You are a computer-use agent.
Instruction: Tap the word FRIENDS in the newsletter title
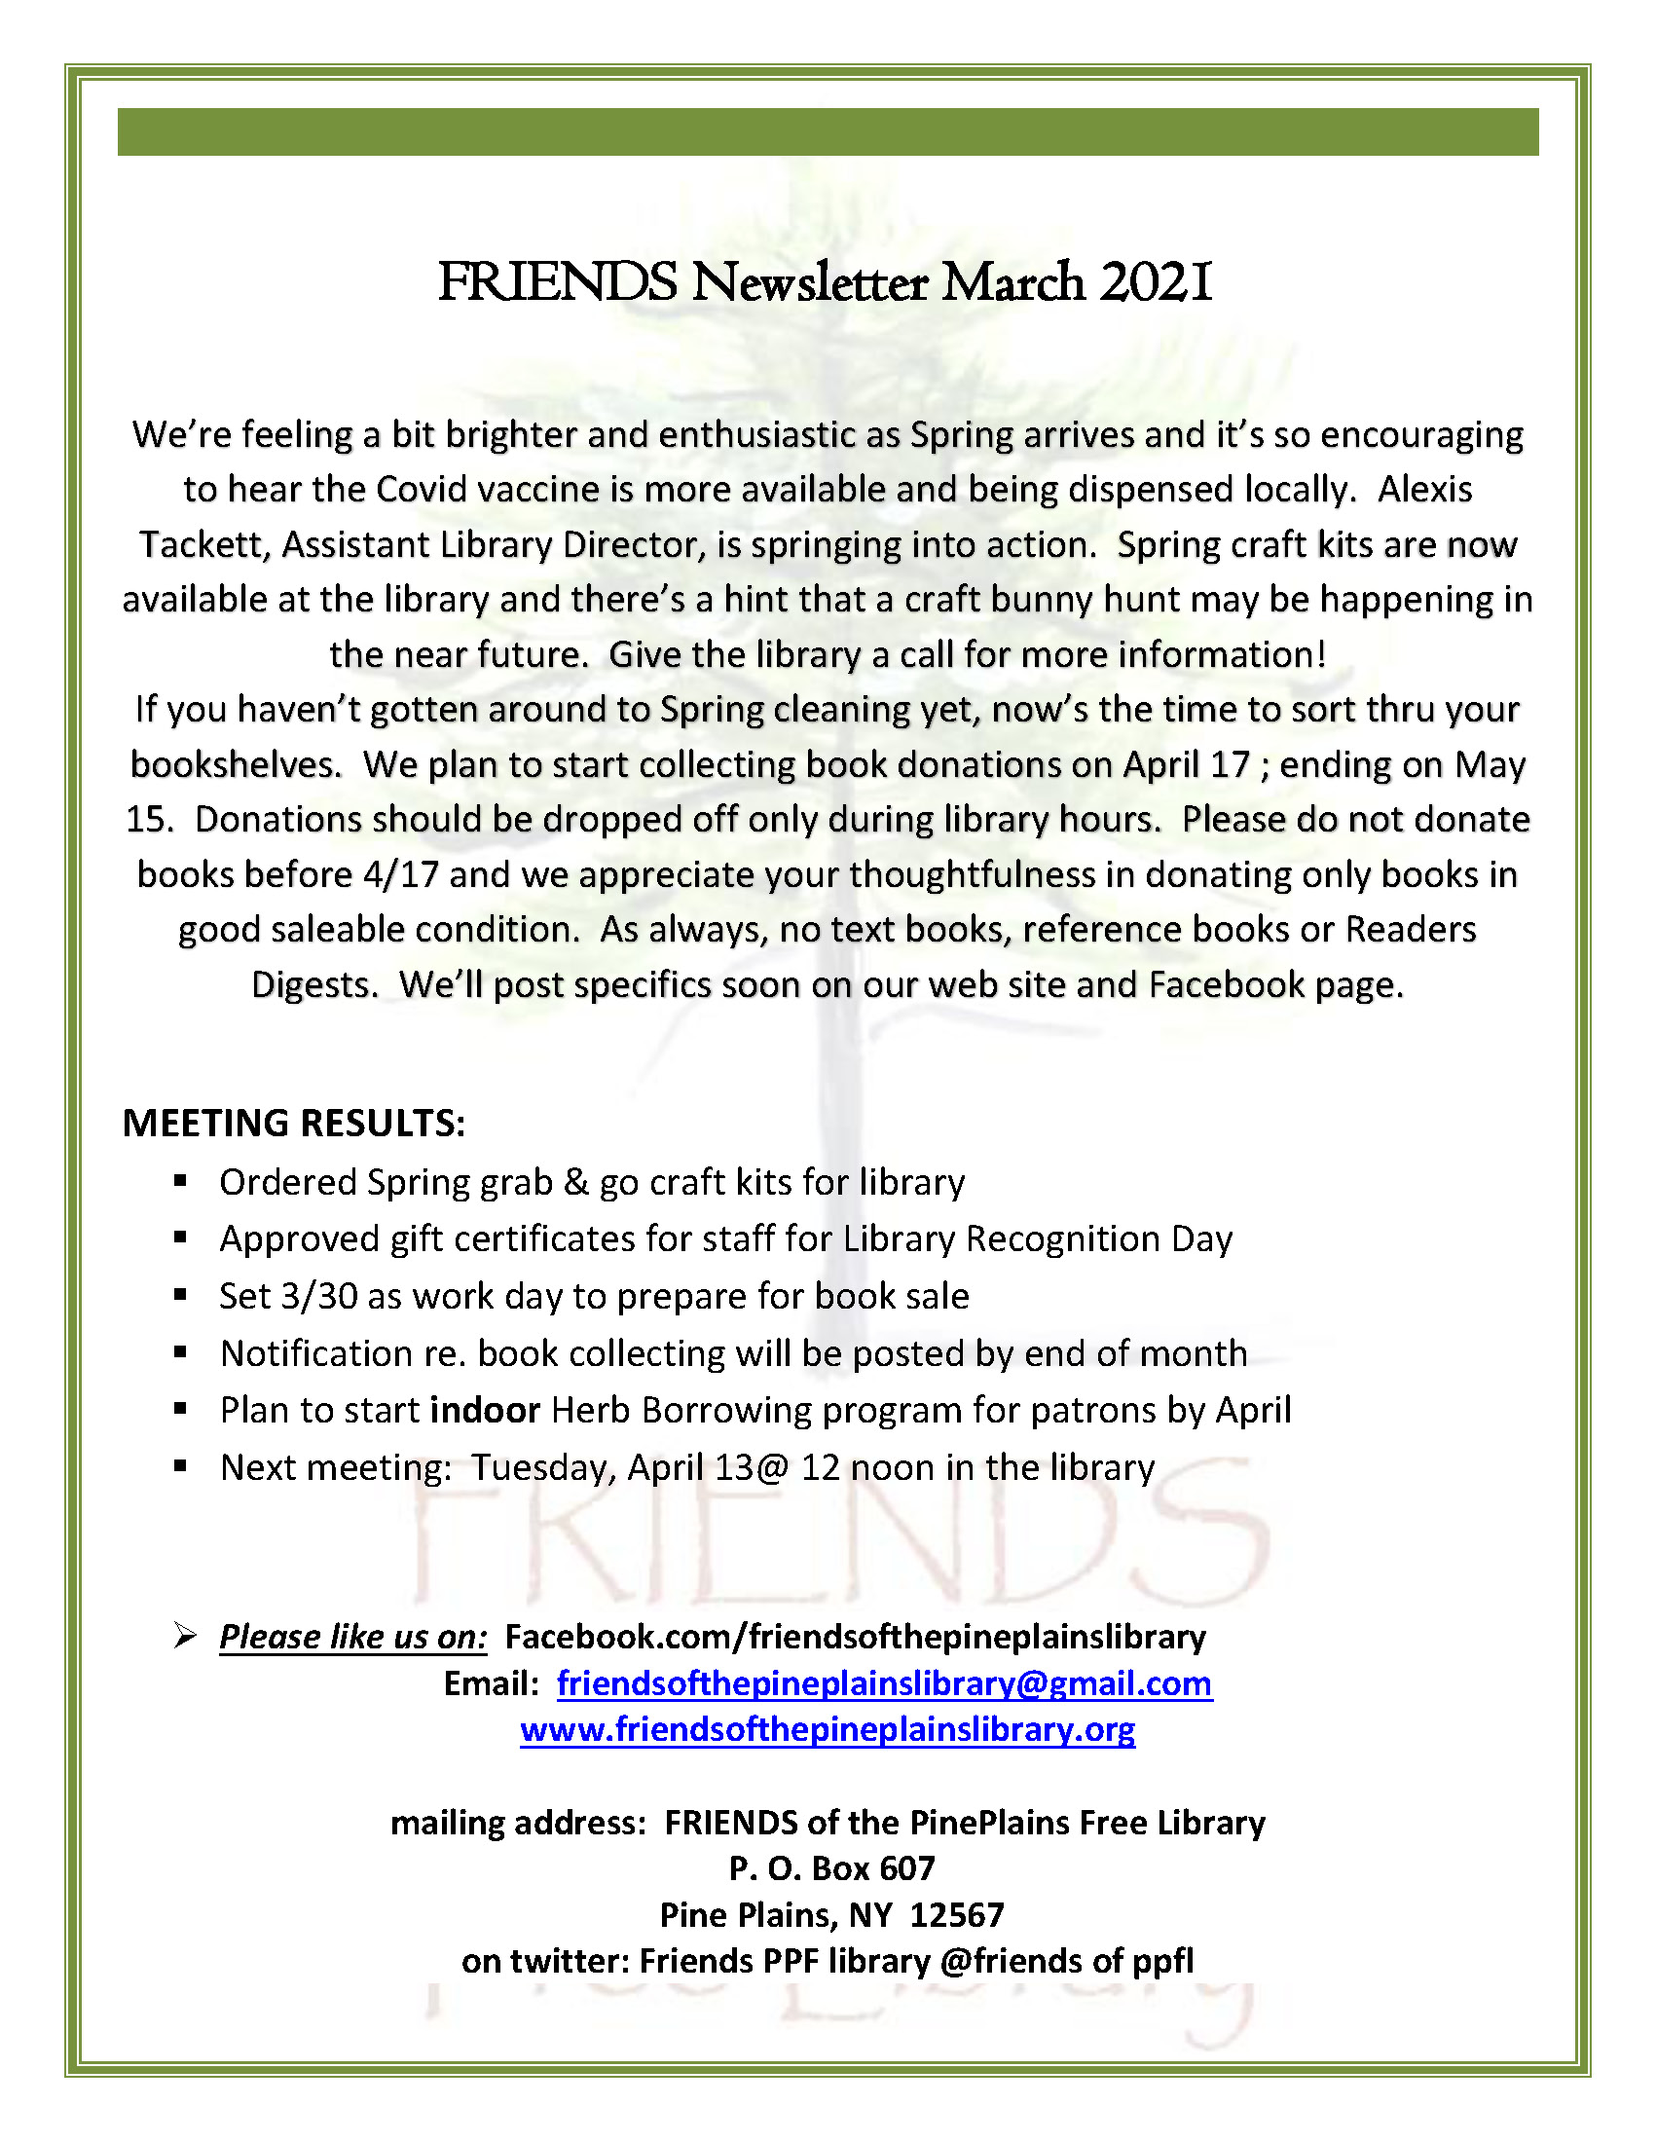click(556, 283)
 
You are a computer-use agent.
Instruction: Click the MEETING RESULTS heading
click(293, 1124)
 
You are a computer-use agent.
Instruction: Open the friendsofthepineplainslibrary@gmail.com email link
click(884, 1682)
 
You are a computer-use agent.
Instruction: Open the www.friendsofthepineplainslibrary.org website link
click(827, 1728)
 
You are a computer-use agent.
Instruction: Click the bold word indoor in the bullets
click(485, 1410)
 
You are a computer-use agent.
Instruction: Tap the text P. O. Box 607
click(831, 1868)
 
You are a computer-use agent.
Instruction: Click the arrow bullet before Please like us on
click(184, 1636)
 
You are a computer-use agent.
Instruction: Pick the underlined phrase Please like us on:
click(353, 1637)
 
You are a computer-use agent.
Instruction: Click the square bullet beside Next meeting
click(179, 1467)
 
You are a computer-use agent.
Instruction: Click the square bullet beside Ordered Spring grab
click(179, 1182)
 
